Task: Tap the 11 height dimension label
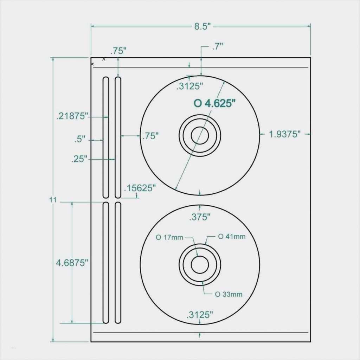53,200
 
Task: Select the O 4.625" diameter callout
214,103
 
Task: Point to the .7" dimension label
218,46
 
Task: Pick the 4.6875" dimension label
72,262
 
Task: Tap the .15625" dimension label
140,188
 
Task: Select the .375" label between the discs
200,217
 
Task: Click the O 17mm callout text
170,237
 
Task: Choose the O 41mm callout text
232,236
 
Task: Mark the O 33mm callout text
229,294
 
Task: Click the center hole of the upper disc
200,135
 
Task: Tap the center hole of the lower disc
200,264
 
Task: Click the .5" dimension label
80,139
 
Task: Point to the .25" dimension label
79,159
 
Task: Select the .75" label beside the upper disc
150,136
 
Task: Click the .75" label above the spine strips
118,51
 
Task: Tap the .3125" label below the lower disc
200,315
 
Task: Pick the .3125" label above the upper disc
190,86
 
